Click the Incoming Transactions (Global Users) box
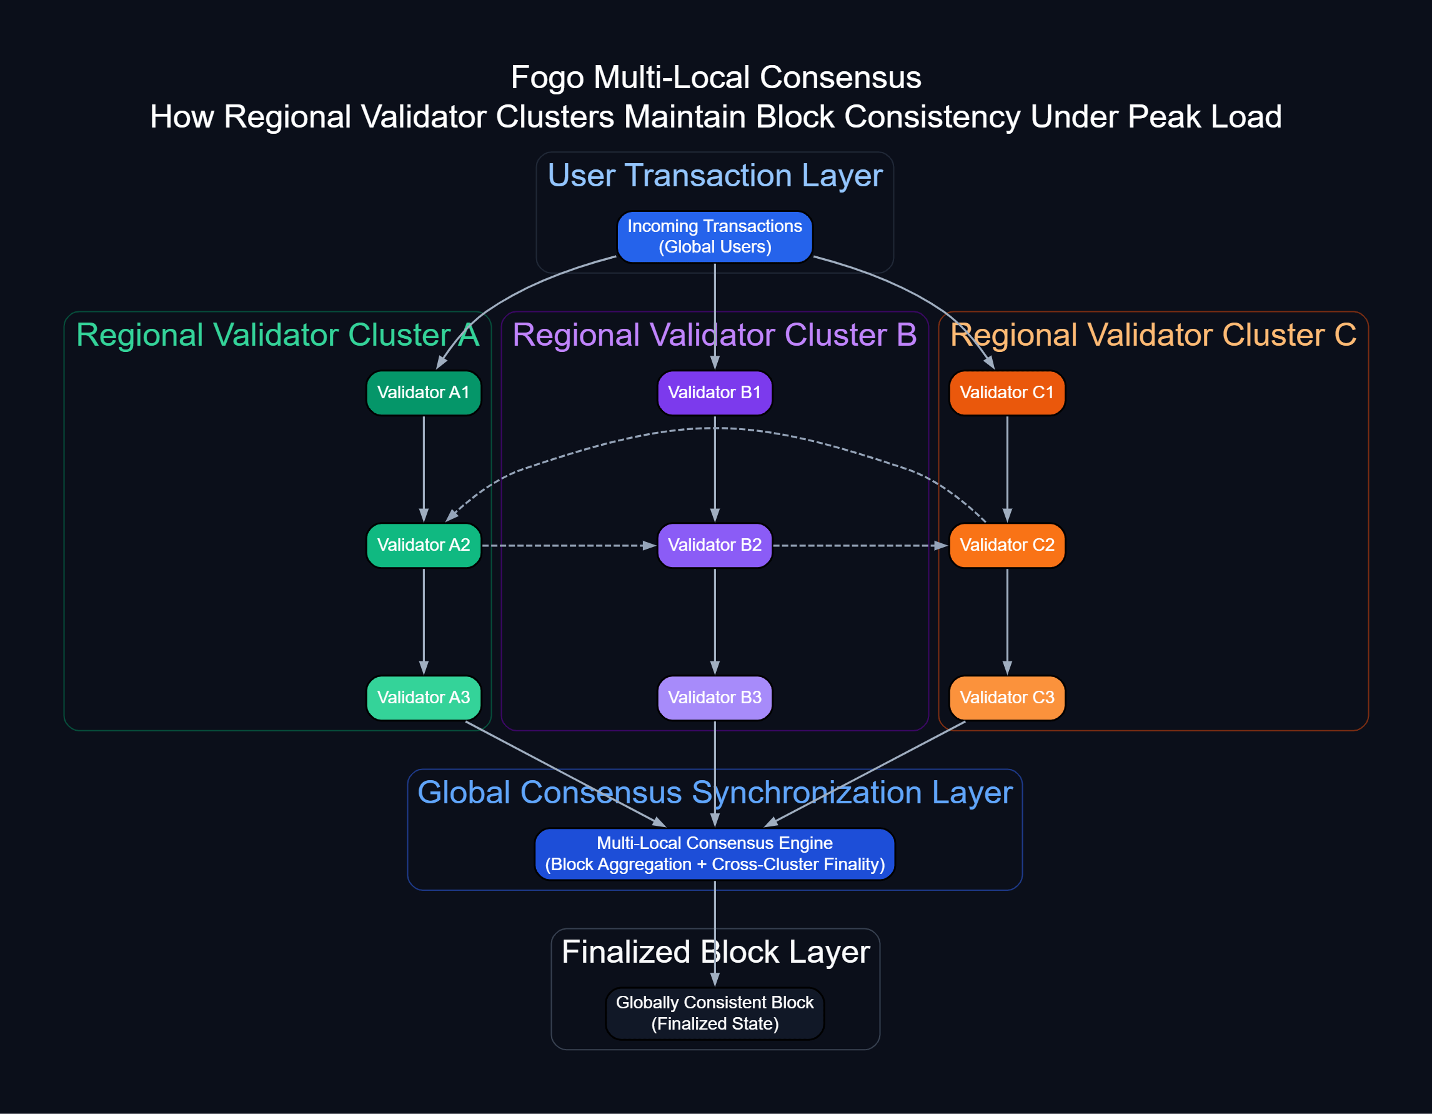coord(715,237)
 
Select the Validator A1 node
coord(424,393)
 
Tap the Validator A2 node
coord(424,545)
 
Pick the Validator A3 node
coord(424,698)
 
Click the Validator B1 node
coord(715,393)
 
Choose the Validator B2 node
coord(715,545)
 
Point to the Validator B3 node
coord(715,698)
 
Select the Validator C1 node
coord(1007,393)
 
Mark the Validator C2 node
coord(1007,545)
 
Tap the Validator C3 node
coord(1007,698)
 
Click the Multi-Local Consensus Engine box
coord(715,853)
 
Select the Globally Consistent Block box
coord(715,1013)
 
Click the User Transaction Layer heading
coord(715,176)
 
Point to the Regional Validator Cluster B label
coord(715,335)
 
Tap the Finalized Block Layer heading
coord(715,952)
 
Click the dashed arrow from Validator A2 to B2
coord(569,546)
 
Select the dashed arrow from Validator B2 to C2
coord(860,546)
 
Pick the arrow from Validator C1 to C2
coord(1007,469)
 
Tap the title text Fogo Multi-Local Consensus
coord(716,78)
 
